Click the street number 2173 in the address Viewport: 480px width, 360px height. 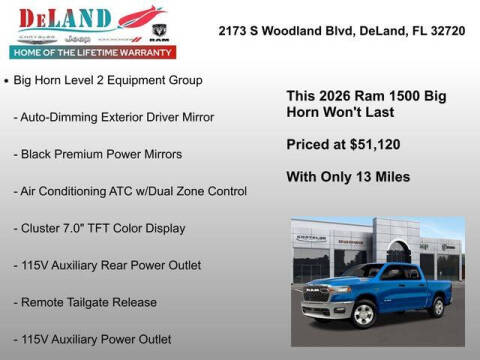[x=234, y=30]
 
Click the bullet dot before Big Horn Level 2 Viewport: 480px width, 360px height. [x=8, y=79]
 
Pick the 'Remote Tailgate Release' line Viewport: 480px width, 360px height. [x=85, y=302]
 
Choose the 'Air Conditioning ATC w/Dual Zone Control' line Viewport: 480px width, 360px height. [x=130, y=191]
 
